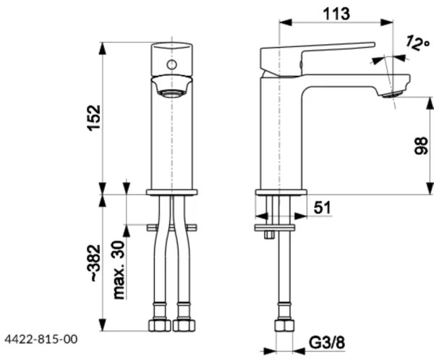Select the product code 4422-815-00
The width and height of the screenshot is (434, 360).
pyautogui.click(x=41, y=338)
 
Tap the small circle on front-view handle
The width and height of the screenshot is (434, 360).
pyautogui.click(x=171, y=65)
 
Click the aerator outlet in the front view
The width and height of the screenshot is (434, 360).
pyautogui.click(x=171, y=92)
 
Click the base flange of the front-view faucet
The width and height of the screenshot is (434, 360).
pyautogui.click(x=171, y=192)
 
